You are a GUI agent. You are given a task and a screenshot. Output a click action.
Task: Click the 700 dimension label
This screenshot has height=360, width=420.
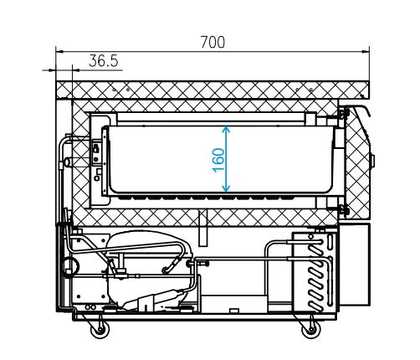coord(213,43)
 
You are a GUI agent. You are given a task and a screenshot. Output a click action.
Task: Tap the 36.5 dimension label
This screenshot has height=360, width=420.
coord(104,61)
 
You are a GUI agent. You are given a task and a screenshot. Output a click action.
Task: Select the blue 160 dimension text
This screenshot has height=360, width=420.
coord(219,160)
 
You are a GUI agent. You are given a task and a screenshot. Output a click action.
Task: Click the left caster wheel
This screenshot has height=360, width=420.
coord(100,330)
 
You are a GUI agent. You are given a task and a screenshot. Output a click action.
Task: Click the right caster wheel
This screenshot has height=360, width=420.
coord(311,330)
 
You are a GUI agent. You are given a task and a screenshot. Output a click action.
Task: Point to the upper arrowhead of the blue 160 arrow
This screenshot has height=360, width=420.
coord(226,129)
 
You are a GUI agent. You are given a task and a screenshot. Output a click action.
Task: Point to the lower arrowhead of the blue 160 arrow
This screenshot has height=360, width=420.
coord(226,189)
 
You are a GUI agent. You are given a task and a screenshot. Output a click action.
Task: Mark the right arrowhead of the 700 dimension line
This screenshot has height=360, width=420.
coord(366,51)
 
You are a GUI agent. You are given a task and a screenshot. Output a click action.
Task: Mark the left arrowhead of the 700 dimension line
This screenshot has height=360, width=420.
coord(59,51)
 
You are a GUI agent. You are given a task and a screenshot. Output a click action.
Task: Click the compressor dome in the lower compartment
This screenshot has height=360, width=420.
coord(148,241)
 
